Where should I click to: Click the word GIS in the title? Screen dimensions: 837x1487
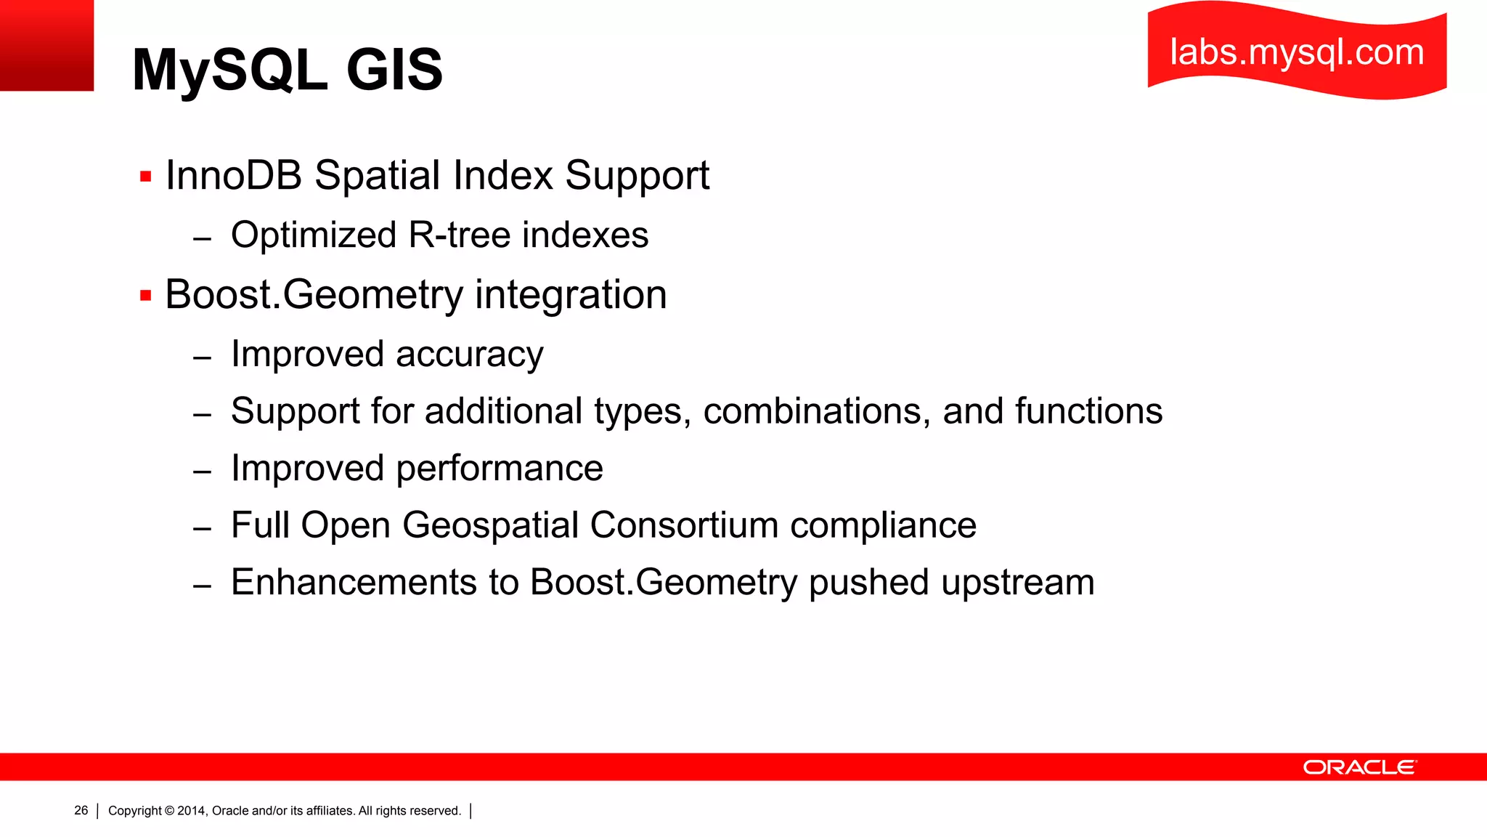point(394,70)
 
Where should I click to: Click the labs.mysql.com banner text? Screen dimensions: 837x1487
point(1297,52)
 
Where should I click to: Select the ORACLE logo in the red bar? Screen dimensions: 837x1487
point(1359,767)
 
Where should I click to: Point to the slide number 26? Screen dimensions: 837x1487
point(81,810)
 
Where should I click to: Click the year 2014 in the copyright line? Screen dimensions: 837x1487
point(192,811)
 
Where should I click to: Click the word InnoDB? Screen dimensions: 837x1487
point(234,175)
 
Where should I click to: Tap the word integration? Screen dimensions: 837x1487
point(571,294)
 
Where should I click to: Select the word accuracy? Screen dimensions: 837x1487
point(469,355)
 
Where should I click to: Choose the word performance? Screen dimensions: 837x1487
point(500,468)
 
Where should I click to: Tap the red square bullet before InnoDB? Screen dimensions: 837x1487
point(146,176)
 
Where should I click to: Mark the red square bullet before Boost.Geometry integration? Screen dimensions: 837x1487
point(146,296)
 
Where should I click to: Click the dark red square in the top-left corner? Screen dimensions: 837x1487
point(46,45)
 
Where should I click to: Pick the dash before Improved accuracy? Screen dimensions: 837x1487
point(203,357)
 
